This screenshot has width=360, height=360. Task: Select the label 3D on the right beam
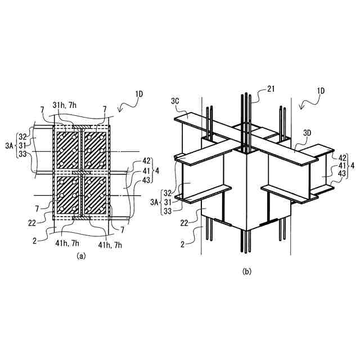point(307,133)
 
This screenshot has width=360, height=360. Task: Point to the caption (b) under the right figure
point(246,271)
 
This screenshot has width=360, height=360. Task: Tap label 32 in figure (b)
point(166,193)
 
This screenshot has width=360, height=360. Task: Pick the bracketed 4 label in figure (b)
point(352,165)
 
